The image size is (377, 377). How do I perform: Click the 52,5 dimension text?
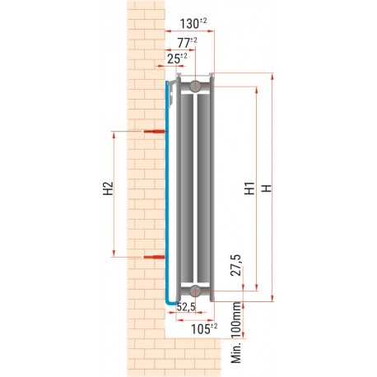click(184, 308)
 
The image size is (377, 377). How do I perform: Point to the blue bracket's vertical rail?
click(165, 189)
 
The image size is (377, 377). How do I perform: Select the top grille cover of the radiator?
click(193, 76)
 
